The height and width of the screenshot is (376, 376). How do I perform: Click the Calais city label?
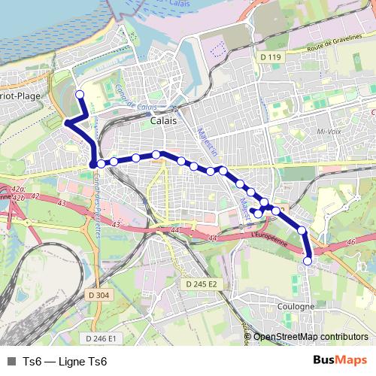pos(163,120)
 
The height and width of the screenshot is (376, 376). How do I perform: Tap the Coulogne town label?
pos(296,307)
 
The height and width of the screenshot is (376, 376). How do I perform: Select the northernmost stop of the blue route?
pos(80,95)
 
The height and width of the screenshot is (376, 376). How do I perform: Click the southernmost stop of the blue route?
pos(308,260)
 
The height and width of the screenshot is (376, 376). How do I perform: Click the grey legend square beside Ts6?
pos(11,362)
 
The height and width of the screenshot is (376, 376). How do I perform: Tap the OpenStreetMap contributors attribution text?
pos(311,337)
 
